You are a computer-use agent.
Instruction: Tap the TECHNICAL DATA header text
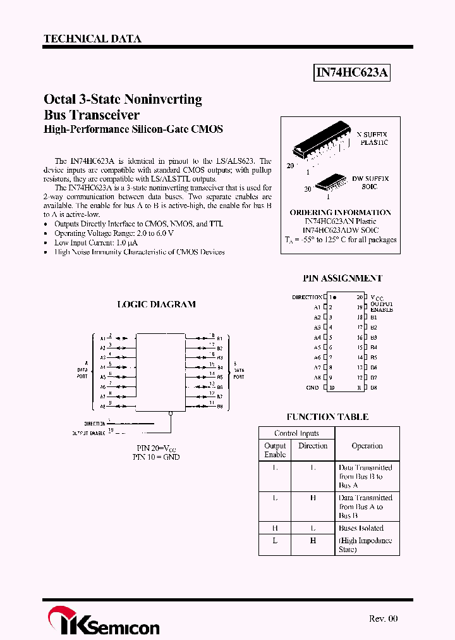[92, 39]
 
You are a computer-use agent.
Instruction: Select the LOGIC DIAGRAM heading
[157, 304]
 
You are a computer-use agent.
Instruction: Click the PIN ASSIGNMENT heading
[343, 278]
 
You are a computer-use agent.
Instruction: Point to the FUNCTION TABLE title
[327, 417]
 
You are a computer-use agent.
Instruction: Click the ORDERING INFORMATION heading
[340, 212]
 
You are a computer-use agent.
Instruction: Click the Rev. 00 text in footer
[383, 618]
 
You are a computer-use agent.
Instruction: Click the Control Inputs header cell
[296, 433]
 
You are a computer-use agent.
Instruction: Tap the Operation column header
[367, 446]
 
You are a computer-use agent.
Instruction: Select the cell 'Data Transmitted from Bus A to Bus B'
[365, 507]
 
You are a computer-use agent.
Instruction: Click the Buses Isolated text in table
[361, 528]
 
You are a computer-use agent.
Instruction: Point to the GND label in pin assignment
[312, 388]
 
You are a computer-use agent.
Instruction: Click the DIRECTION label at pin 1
[307, 297]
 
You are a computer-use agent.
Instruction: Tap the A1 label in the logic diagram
[102, 338]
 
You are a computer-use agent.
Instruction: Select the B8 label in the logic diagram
[220, 406]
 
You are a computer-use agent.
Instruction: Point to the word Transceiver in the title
[101, 115]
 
